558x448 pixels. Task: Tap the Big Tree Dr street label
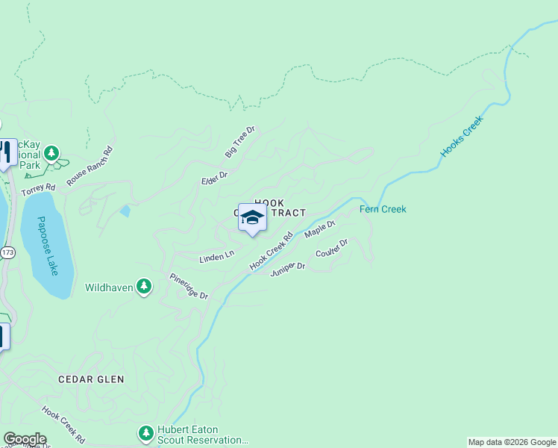tap(239, 142)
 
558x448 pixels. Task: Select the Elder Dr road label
tap(214, 177)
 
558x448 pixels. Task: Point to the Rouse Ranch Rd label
tap(89, 166)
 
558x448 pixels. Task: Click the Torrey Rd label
tap(39, 190)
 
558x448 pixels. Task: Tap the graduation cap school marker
tap(252, 218)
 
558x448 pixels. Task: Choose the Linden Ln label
tap(217, 257)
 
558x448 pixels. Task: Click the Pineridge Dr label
tap(188, 286)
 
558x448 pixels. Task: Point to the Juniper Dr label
tap(288, 268)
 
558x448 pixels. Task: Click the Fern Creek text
tap(383, 209)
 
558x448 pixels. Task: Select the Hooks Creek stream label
tap(462, 136)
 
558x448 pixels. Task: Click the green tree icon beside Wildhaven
tap(144, 287)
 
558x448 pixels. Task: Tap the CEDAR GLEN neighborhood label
tap(92, 379)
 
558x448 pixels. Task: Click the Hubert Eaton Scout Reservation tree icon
tap(145, 432)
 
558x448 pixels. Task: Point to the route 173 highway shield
tap(7, 253)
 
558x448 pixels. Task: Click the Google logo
tap(25, 439)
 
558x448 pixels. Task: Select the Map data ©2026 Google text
tap(512, 442)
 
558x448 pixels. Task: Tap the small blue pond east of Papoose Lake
tap(125, 211)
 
